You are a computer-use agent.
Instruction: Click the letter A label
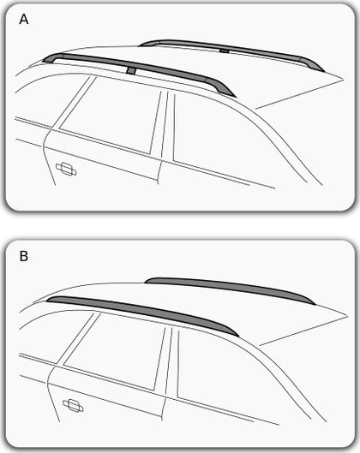[24, 20]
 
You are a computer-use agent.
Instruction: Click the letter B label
[24, 256]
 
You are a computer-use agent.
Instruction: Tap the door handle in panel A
[66, 169]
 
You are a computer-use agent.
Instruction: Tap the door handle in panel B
[73, 405]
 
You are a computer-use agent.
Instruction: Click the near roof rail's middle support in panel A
[131, 71]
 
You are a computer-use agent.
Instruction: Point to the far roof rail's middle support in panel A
[224, 51]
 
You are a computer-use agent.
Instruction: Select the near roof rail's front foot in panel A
[52, 57]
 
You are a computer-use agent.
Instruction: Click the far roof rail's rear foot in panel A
[312, 64]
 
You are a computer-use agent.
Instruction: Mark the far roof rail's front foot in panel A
[149, 43]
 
